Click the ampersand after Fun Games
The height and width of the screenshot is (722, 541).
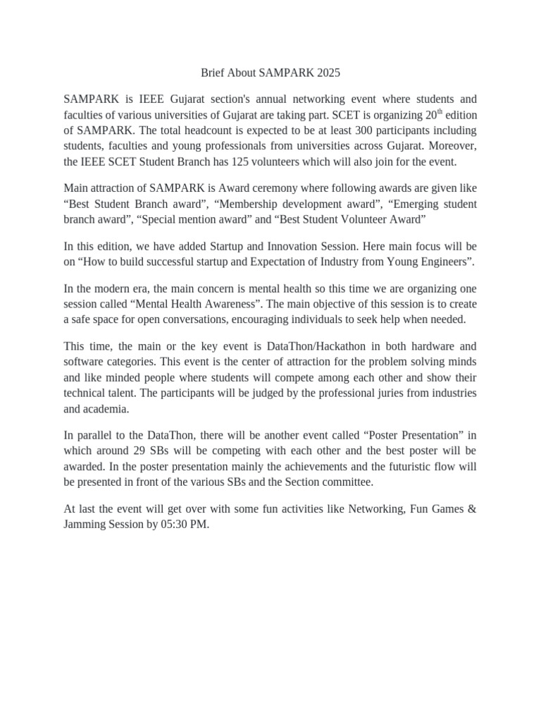click(471, 508)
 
